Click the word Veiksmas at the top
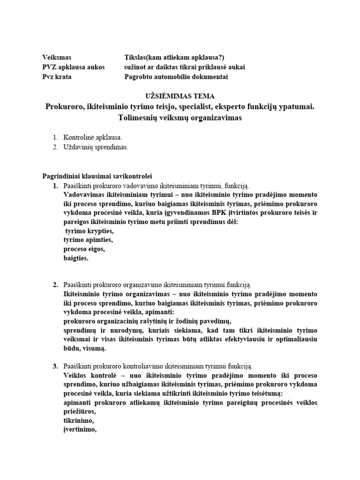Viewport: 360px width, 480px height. click(57, 57)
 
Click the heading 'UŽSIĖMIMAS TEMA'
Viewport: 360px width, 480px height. click(180, 96)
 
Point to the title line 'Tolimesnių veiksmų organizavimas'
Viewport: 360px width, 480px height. click(180, 118)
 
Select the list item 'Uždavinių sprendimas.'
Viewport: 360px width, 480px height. click(95, 147)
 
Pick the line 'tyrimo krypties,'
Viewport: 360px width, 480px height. click(89, 231)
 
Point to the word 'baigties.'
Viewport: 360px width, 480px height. click(75, 258)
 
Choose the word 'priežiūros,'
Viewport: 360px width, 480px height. click(79, 411)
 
